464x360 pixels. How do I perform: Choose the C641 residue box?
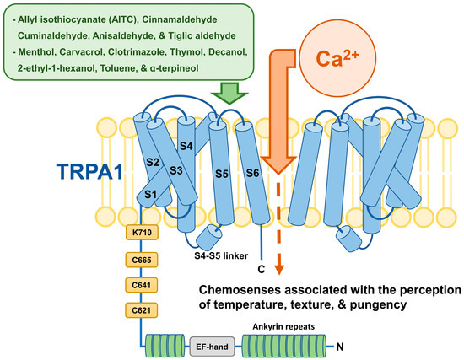point(141,285)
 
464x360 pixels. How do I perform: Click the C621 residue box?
point(141,312)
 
